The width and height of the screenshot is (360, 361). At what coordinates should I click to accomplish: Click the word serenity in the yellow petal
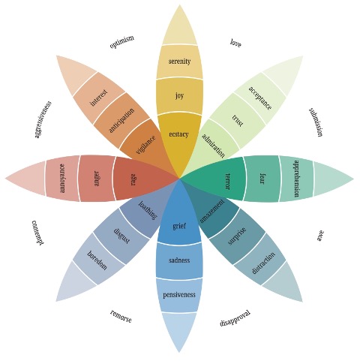[x=179, y=62]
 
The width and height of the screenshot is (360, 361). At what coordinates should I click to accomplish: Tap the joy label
[x=179, y=96]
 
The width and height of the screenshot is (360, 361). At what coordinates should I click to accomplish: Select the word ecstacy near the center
[x=178, y=134]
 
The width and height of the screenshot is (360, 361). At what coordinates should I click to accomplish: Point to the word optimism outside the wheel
[x=122, y=42]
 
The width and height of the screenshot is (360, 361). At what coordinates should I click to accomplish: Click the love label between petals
[x=235, y=43]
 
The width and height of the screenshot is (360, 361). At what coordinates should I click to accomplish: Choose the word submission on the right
[x=316, y=122]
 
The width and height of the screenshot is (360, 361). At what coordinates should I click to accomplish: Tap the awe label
[x=320, y=236]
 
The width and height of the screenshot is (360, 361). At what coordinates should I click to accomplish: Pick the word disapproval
[x=235, y=318]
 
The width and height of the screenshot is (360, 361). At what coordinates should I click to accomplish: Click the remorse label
[x=121, y=316]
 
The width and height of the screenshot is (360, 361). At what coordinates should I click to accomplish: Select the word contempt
[x=38, y=233]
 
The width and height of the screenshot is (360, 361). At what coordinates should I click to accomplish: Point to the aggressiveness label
[x=43, y=119]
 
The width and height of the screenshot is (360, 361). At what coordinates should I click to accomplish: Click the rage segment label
[x=133, y=179]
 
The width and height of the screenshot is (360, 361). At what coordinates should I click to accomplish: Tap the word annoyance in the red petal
[x=62, y=179]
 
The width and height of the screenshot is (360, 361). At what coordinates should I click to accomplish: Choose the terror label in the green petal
[x=227, y=182]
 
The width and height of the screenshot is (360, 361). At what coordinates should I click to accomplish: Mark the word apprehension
[x=296, y=179]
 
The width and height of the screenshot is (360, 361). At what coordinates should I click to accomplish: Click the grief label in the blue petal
[x=179, y=226]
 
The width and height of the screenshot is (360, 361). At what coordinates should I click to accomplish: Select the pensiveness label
[x=179, y=295]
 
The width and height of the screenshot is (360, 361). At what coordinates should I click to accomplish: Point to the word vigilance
[x=145, y=145]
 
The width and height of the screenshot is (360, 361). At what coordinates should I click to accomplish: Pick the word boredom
[x=97, y=260]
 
